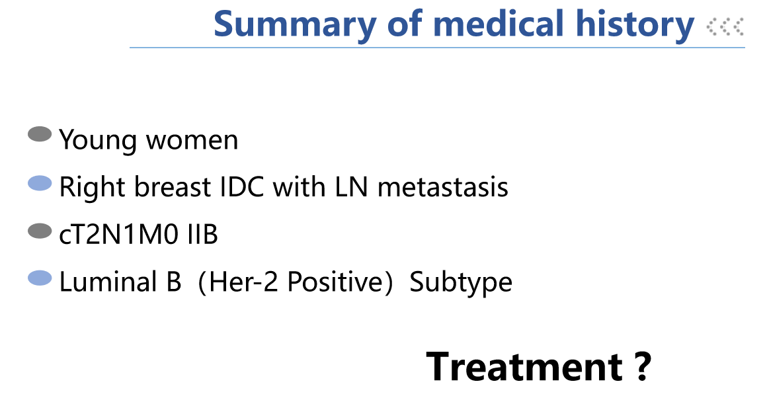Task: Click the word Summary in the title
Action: pos(295,25)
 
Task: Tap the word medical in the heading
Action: pos(499,23)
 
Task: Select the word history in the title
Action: pos(635,25)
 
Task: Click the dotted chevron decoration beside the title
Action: pos(725,26)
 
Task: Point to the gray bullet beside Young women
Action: pos(40,134)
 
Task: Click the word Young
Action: pos(97,141)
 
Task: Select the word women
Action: pos(192,141)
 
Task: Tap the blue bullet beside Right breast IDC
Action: pos(40,183)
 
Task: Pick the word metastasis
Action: pos(443,187)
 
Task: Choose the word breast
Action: pos(172,187)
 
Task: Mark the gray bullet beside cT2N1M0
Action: pos(40,231)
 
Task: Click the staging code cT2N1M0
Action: pos(119,235)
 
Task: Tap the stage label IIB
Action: pos(203,235)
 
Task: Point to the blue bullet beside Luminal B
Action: pos(40,278)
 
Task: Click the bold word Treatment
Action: pos(524,367)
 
